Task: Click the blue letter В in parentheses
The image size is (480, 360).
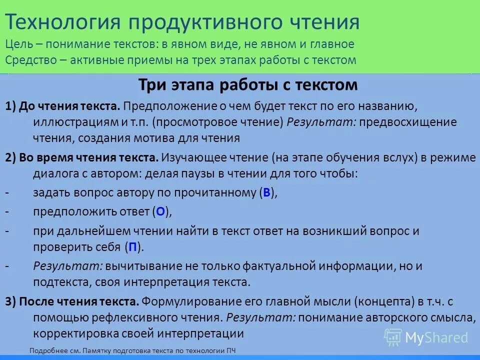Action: pyautogui.click(x=266, y=193)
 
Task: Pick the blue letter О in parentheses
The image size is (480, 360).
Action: pyautogui.click(x=160, y=212)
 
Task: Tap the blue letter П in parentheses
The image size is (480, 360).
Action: pyautogui.click(x=132, y=246)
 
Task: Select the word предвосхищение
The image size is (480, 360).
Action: pyautogui.click(x=401, y=122)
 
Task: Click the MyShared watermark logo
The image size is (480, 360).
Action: pyautogui.click(x=426, y=337)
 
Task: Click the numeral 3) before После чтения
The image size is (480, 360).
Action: pyautogui.click(x=11, y=301)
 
